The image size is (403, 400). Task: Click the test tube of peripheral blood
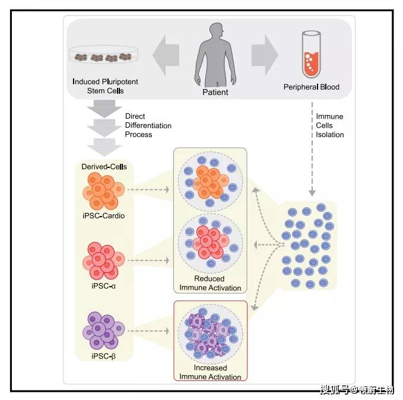[x=311, y=54]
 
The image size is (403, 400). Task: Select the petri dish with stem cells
[x=104, y=55]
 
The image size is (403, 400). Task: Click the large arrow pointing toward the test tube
[x=265, y=55]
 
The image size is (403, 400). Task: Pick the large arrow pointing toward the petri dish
[x=166, y=55]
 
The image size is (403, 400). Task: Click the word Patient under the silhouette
[x=215, y=92]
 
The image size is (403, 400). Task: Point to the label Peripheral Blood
[x=311, y=87]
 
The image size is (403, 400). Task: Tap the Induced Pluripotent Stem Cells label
[x=105, y=86]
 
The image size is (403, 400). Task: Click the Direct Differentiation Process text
[x=148, y=125]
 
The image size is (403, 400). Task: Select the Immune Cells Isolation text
[x=330, y=125]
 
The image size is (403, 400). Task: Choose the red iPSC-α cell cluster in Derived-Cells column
[x=104, y=261]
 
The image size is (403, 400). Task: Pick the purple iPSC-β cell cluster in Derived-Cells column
[x=104, y=331]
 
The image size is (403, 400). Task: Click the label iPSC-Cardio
[x=104, y=215]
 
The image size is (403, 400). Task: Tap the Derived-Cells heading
[x=104, y=167]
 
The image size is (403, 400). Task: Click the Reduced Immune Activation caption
[x=210, y=283]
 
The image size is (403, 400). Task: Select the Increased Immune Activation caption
[x=210, y=372]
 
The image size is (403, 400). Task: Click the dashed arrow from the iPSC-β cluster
[x=148, y=331]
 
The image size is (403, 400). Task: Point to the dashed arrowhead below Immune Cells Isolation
[x=312, y=193]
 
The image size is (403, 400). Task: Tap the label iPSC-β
[x=104, y=356]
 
